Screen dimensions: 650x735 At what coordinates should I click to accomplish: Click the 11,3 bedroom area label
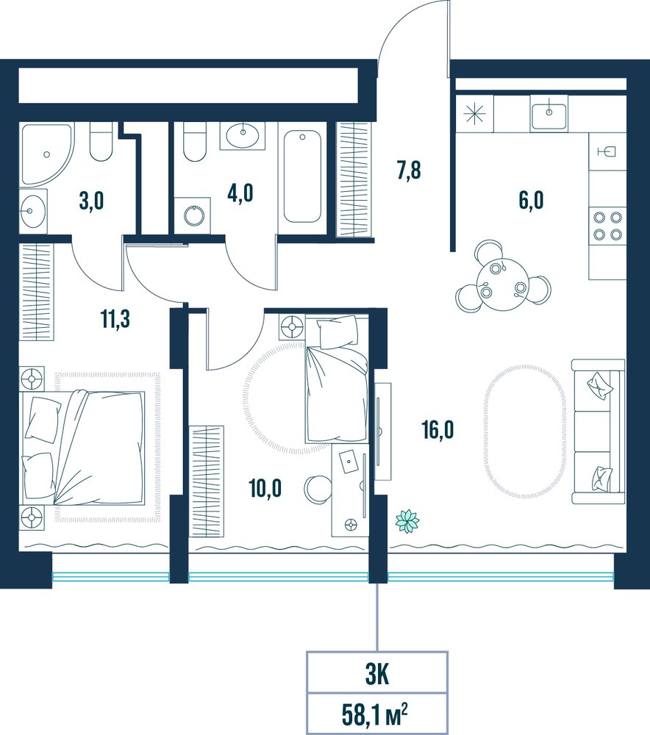115,319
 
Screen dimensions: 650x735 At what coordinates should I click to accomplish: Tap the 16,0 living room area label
438,430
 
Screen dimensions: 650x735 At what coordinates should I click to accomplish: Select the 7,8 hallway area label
409,171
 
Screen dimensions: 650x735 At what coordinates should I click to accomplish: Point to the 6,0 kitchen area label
531,200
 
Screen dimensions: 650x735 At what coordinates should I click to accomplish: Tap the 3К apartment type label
376,675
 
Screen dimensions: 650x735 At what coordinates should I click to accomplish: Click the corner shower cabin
46,154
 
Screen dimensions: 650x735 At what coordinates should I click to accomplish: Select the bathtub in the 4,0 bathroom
302,176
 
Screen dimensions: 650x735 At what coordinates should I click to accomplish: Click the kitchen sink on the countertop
549,112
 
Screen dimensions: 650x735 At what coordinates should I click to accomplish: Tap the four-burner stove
607,226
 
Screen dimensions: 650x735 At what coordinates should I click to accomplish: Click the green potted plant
407,520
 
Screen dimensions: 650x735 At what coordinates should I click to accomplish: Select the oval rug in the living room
525,431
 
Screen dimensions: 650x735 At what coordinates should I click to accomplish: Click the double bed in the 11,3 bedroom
82,448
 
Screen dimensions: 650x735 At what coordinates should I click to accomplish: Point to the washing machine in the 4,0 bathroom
193,215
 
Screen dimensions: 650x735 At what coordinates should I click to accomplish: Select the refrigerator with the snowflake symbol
474,113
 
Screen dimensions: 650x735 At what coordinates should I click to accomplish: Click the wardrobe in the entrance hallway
354,179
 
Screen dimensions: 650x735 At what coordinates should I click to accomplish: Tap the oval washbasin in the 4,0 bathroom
243,135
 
